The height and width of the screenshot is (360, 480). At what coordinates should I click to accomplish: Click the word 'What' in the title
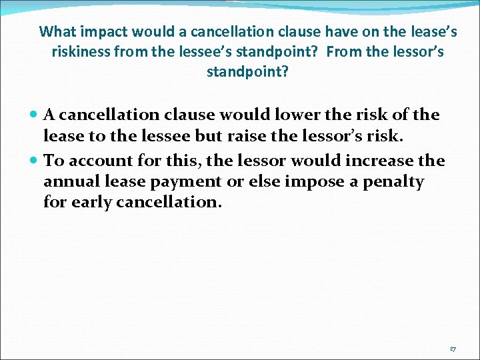pos(57,31)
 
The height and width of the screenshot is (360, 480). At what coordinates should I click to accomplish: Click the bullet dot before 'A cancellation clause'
pos(34,115)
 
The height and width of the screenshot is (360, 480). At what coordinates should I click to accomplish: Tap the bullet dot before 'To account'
pos(34,161)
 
